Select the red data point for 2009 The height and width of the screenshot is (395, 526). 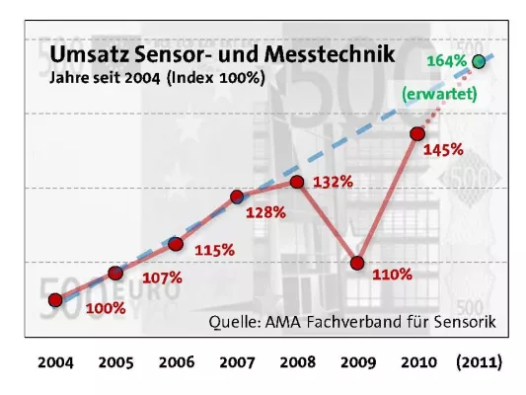(x=357, y=263)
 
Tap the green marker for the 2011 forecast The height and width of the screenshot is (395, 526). (x=479, y=62)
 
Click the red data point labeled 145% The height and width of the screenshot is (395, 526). (x=417, y=133)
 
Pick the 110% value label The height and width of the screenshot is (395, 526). (x=392, y=274)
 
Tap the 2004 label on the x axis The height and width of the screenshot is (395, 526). (x=55, y=362)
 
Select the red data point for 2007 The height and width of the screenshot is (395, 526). (x=237, y=197)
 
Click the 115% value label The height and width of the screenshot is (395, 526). (x=214, y=250)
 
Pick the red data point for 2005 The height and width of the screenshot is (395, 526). (x=115, y=273)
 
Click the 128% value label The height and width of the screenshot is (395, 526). (x=266, y=212)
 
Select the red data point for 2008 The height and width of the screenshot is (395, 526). (x=297, y=182)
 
